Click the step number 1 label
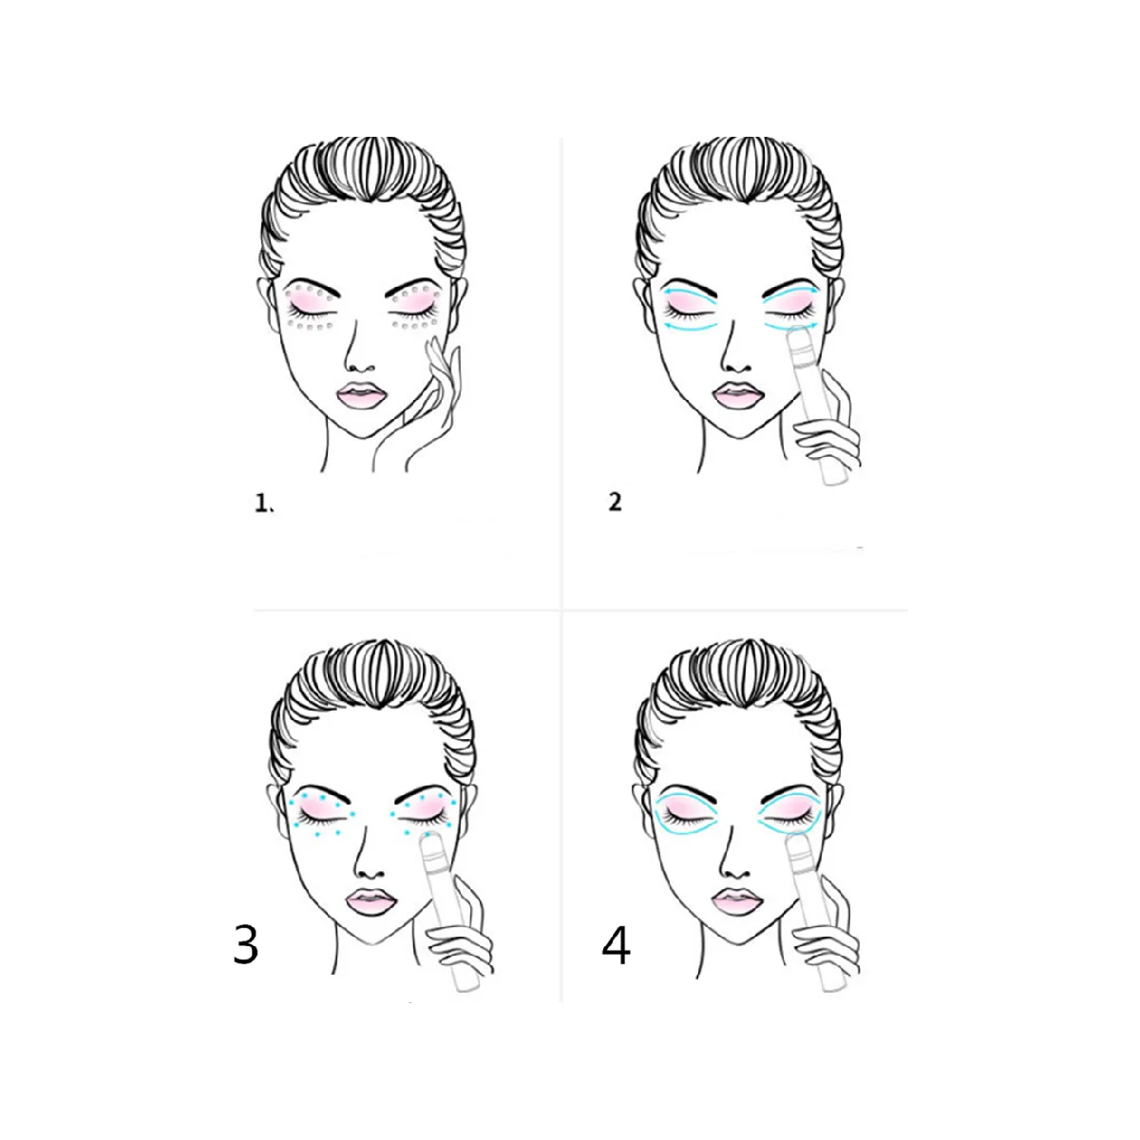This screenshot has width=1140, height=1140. pos(263,503)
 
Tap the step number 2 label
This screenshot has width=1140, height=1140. pos(616,503)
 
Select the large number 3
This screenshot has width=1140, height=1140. pos(245,944)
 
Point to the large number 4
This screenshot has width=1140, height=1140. pos(616,944)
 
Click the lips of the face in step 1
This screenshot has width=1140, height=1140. pos(361,395)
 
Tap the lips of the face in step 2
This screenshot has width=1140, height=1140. pos(737,394)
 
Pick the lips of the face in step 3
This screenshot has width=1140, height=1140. pos(370,902)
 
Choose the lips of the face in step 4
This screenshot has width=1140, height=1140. pos(737,902)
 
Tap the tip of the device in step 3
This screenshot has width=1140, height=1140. pos(427,838)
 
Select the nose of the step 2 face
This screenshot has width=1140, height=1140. pos(737,355)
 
